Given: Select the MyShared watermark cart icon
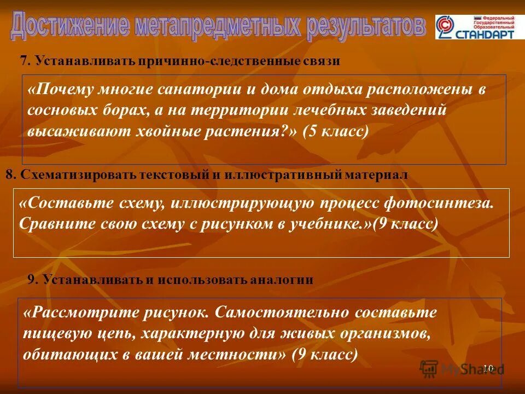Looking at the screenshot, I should [x=429, y=368].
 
